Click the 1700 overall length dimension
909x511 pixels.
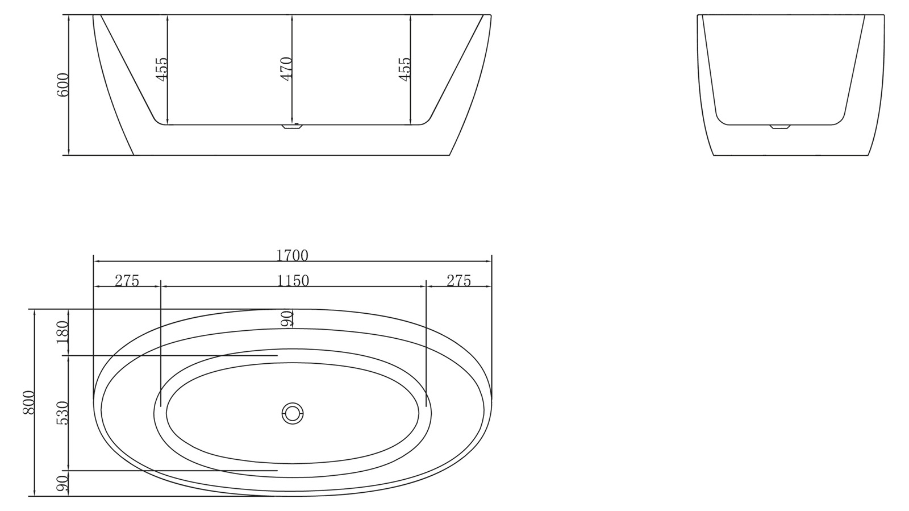[x=292, y=256]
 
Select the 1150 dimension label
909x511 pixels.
[x=293, y=281]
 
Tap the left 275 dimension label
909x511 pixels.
[x=127, y=281]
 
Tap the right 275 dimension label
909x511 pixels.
[x=458, y=281]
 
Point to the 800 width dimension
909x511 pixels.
[x=29, y=402]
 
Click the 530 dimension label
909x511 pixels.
[x=62, y=413]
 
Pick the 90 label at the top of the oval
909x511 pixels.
[x=287, y=319]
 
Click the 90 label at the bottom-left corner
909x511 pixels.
[x=62, y=484]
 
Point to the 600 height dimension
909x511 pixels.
[x=62, y=84]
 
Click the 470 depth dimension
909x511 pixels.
[x=286, y=69]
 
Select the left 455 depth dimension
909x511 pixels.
[x=162, y=69]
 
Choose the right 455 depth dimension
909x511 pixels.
[x=405, y=69]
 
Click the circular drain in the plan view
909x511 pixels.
[x=293, y=413]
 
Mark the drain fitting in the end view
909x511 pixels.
[x=779, y=127]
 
